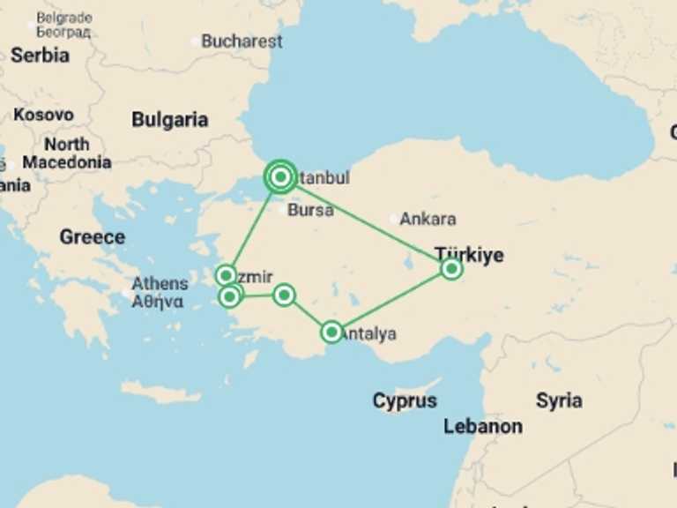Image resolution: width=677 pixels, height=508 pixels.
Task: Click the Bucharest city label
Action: coord(242,41)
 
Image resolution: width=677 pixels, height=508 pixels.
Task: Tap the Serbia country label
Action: coord(40,55)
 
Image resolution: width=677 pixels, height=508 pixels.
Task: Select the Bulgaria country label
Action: coord(169,120)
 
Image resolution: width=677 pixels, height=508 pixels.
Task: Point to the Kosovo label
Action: coord(43,115)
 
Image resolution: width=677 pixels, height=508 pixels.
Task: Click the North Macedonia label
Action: coord(67,153)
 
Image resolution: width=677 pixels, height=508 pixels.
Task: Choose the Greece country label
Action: coord(92,236)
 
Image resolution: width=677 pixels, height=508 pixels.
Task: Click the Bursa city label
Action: coord(310,210)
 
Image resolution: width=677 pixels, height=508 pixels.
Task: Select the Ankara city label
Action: coord(428,219)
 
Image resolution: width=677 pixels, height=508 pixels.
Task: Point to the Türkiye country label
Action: coord(470,254)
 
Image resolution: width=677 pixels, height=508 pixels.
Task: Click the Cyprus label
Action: coord(404,400)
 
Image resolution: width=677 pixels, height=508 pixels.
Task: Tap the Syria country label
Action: coord(559,400)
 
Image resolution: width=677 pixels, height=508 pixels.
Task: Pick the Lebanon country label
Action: coord(482,426)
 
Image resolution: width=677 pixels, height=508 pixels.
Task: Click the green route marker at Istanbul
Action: coord(280,177)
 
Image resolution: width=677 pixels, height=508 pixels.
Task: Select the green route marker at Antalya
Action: coord(331,332)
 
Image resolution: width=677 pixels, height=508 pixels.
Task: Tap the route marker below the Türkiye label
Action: coord(451,268)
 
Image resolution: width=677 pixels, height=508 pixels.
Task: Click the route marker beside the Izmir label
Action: coord(226,275)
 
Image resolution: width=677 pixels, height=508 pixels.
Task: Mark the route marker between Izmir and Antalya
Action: coord(284,295)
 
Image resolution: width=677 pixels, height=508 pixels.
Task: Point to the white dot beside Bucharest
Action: coord(195,41)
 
